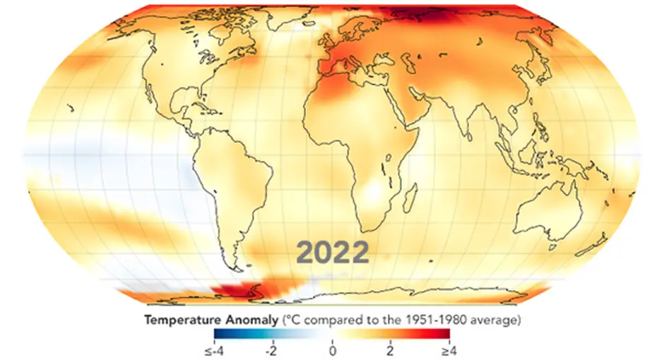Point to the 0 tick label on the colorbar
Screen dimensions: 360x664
click(332, 349)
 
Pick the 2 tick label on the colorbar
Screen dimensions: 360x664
click(389, 349)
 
